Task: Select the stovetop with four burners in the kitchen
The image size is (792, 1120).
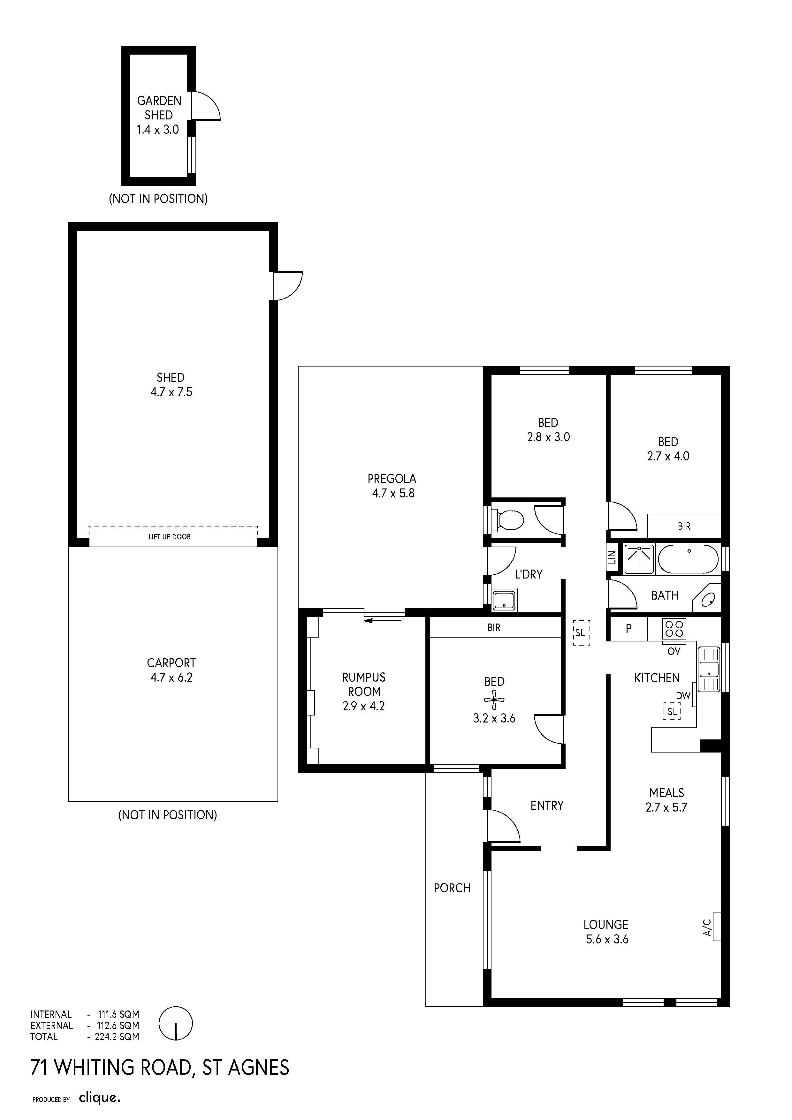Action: (x=674, y=628)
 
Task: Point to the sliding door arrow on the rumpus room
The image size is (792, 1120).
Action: (x=383, y=620)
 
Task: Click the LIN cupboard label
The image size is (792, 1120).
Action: (x=612, y=557)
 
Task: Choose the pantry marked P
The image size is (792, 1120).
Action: (x=628, y=629)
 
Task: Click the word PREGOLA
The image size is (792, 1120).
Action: (x=392, y=479)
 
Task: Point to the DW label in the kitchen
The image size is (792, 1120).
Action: (x=683, y=696)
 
